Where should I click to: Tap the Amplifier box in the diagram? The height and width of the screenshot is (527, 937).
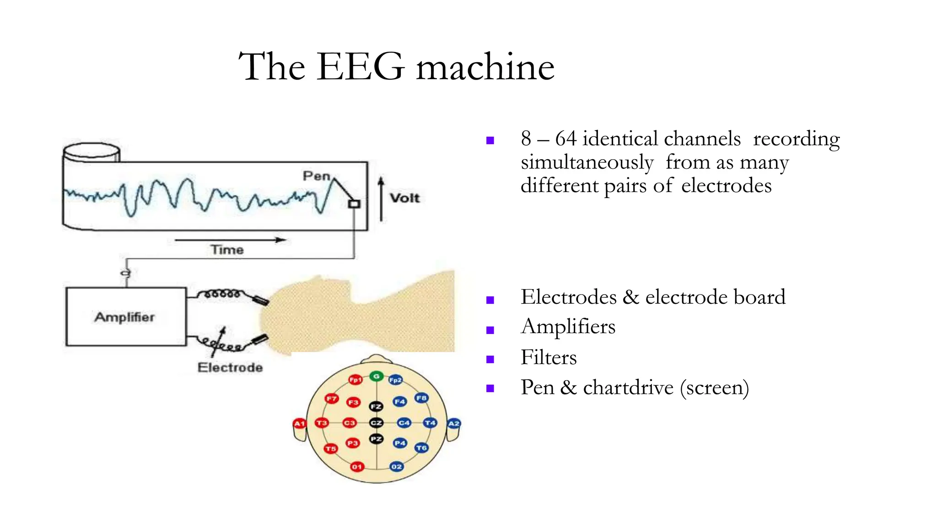[126, 317]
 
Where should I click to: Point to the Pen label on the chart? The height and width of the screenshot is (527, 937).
[316, 176]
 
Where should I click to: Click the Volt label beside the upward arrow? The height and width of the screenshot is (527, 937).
[404, 198]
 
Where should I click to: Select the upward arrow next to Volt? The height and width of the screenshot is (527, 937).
[381, 199]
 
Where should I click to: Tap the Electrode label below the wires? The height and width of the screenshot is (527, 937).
[230, 367]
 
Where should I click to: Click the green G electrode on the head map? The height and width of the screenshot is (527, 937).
[376, 376]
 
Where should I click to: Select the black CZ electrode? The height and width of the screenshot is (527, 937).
[376, 423]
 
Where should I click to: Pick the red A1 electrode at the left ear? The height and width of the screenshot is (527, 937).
[299, 424]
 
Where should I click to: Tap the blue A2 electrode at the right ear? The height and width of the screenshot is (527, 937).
[453, 424]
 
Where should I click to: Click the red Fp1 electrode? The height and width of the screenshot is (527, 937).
[355, 380]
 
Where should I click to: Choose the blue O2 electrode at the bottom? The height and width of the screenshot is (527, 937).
[396, 467]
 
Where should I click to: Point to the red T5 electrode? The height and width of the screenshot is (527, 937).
[330, 449]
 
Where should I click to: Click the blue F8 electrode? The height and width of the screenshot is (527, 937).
[421, 398]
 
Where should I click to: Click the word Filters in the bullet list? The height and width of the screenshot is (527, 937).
[549, 357]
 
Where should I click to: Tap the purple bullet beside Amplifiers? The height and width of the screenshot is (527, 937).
[490, 330]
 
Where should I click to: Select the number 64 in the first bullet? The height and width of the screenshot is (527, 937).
[565, 139]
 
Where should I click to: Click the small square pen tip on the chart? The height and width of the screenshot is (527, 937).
[354, 204]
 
